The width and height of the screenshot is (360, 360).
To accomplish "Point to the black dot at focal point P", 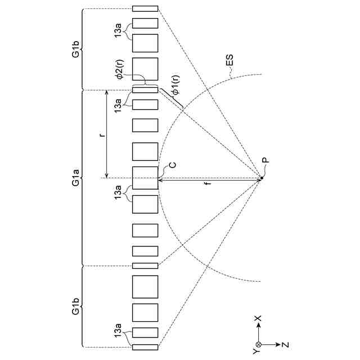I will pyautogui.click(x=262, y=179).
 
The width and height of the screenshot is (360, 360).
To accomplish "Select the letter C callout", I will pyautogui.click(x=173, y=166).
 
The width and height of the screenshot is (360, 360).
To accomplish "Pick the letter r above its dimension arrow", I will pyautogui.click(x=102, y=135).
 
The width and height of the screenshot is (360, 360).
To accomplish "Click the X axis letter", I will pyautogui.click(x=258, y=318).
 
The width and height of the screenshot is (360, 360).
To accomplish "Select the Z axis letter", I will pyautogui.click(x=287, y=344).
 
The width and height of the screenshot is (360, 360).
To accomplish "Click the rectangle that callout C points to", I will pyautogui.click(x=145, y=177).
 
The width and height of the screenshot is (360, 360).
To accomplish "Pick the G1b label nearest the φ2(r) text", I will pyautogui.click(x=75, y=49).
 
